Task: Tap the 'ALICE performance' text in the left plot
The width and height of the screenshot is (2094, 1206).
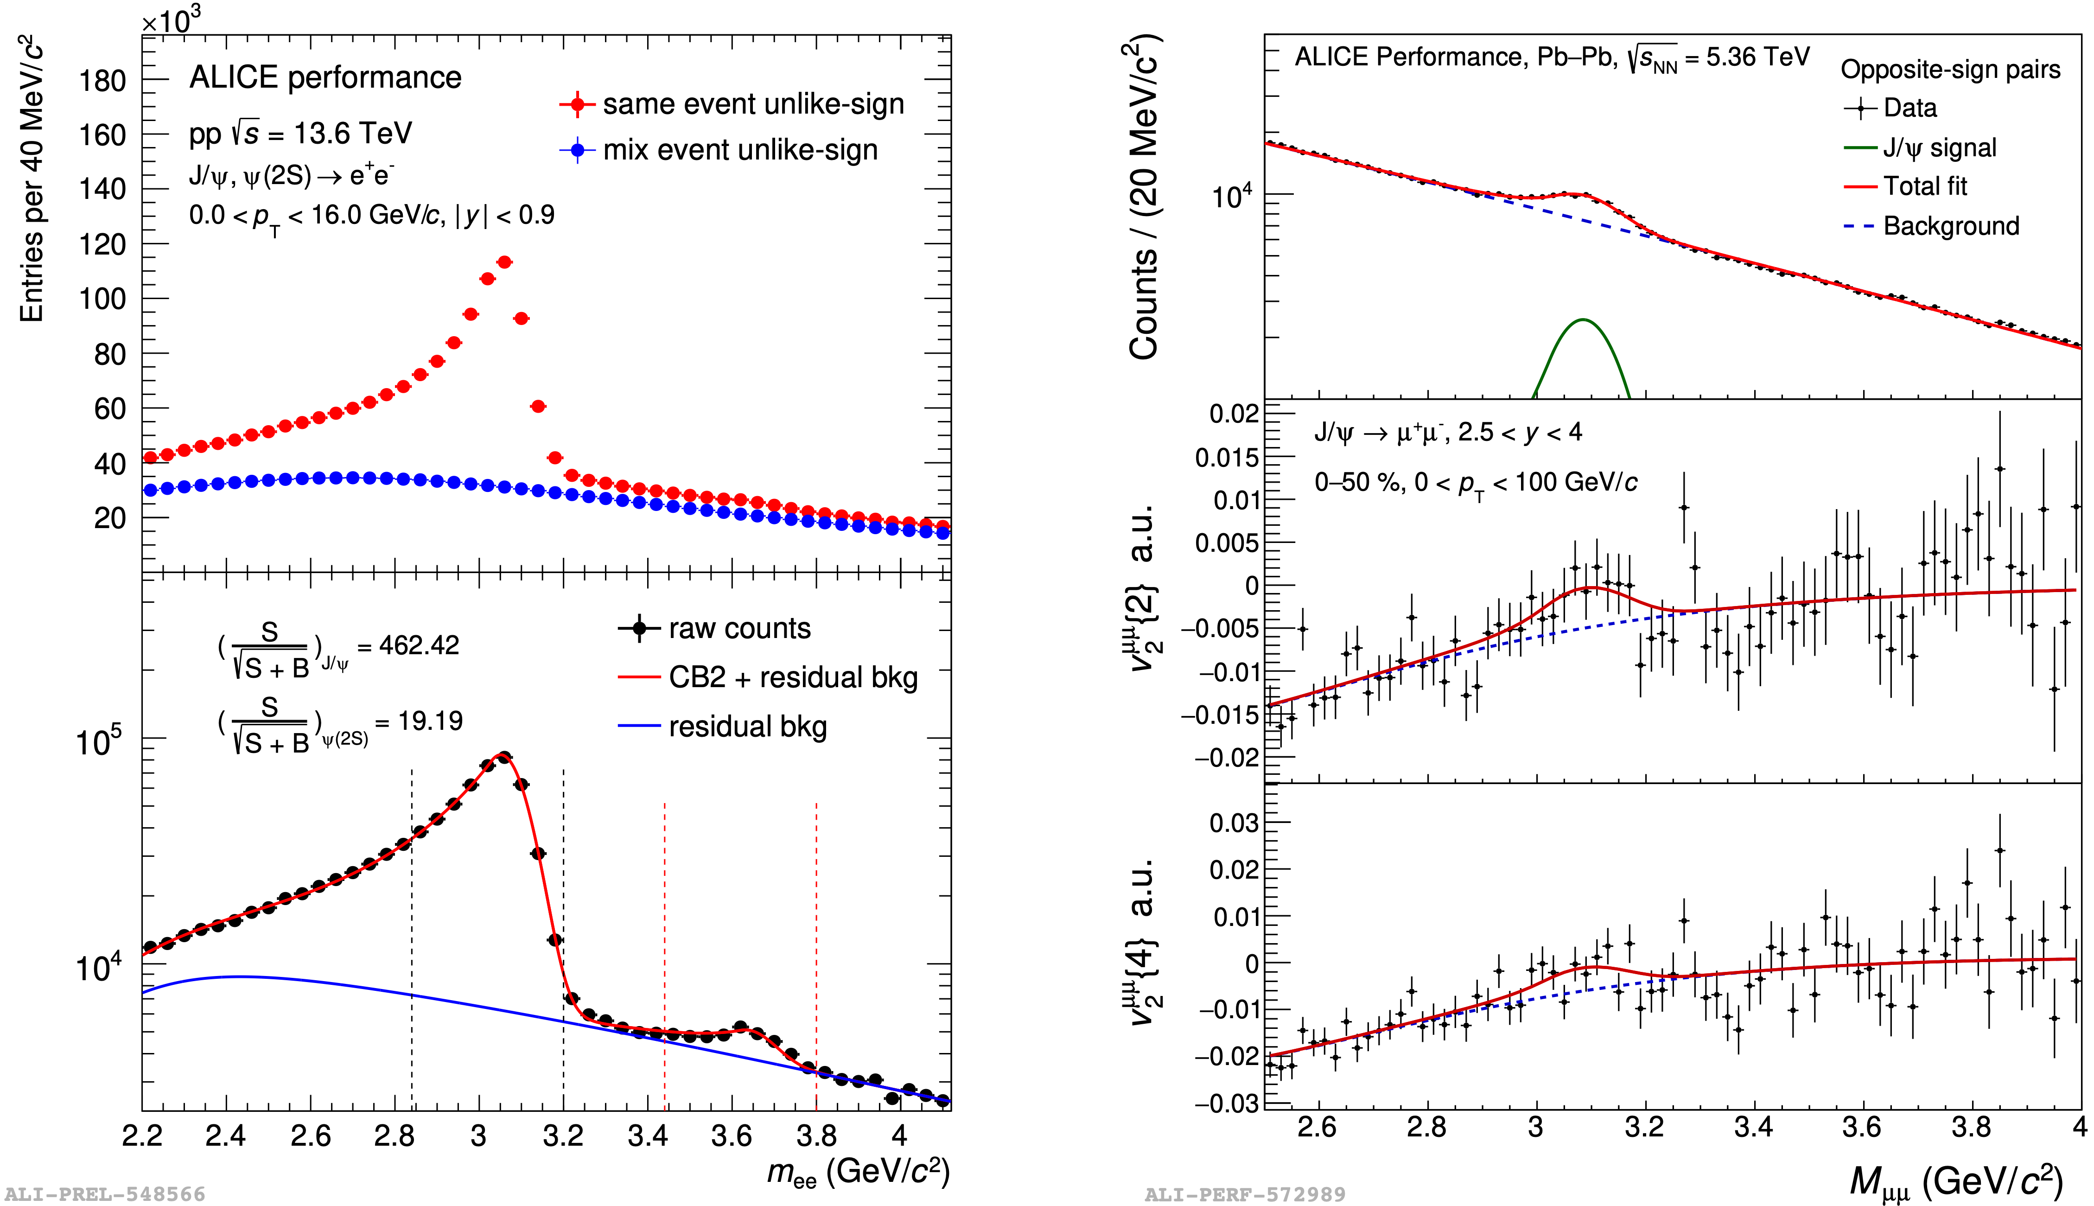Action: [x=325, y=77]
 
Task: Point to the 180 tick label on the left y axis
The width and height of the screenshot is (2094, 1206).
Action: [x=102, y=81]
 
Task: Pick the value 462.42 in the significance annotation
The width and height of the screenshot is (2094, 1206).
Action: [x=419, y=645]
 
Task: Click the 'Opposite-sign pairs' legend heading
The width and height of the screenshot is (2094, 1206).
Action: [x=1950, y=70]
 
